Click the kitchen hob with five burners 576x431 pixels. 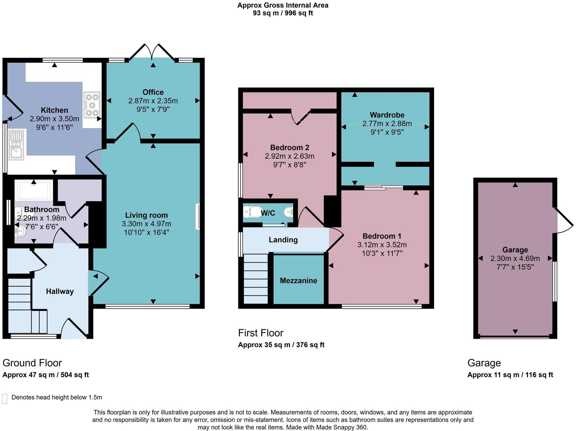pyautogui.click(x=92, y=105)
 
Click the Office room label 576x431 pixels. pyautogui.click(x=153, y=92)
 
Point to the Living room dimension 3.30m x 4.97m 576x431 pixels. pyautogui.click(x=147, y=224)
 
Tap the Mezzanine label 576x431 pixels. pyautogui.click(x=299, y=281)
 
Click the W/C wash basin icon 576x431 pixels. pyautogui.click(x=288, y=212)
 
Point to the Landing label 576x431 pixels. pyautogui.click(x=283, y=240)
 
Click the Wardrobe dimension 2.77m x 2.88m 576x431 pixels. pyautogui.click(x=387, y=124)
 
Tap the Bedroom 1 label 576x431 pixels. pyautogui.click(x=382, y=236)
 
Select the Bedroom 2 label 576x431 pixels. pyautogui.click(x=289, y=148)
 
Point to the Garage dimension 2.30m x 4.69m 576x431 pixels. pyautogui.click(x=515, y=259)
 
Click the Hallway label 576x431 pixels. pyautogui.click(x=60, y=291)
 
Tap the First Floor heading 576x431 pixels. pyautogui.click(x=261, y=333)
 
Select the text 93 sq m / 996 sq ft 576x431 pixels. pyautogui.click(x=283, y=13)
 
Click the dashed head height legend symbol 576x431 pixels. pyautogui.click(x=5, y=399)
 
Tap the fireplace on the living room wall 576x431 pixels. pyautogui.click(x=197, y=217)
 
